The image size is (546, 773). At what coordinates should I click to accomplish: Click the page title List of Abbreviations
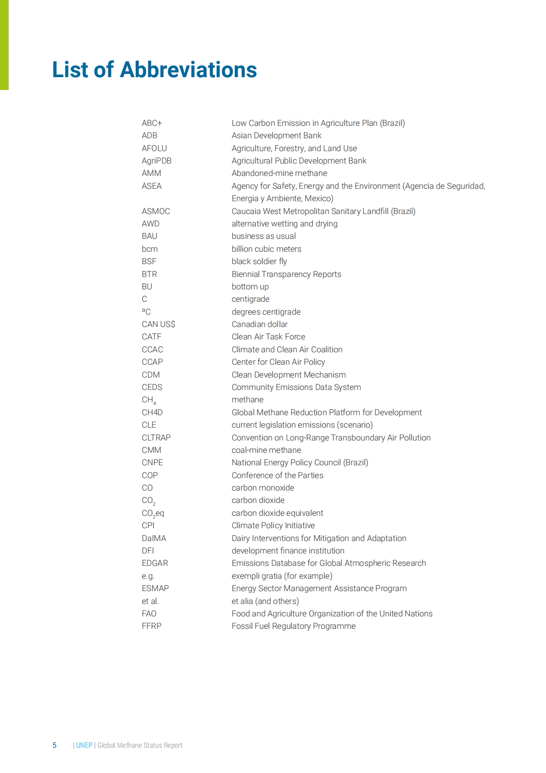click(154, 70)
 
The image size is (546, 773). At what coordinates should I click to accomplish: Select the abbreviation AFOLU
click(154, 148)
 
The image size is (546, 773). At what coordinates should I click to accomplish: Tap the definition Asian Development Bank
click(276, 135)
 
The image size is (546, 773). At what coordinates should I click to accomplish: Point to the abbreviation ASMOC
click(156, 211)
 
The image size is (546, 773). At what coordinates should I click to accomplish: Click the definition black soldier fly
click(259, 261)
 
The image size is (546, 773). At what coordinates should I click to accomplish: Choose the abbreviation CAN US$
click(158, 324)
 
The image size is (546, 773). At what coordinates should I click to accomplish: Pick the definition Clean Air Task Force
click(268, 337)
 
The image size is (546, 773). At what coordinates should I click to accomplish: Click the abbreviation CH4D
click(152, 412)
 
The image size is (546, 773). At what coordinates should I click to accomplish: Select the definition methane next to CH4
click(247, 400)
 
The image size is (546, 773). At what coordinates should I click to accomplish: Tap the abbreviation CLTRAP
click(156, 438)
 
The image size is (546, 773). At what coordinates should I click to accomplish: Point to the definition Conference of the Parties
click(277, 475)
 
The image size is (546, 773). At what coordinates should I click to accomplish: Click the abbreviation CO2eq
click(153, 513)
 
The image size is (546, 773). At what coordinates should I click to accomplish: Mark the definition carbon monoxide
click(262, 488)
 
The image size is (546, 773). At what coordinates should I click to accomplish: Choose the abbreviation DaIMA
click(154, 538)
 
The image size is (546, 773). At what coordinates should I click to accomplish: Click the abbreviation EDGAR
click(155, 563)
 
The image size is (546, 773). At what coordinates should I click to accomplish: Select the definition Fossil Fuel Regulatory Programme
click(293, 626)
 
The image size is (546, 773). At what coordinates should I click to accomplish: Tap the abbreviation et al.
click(150, 601)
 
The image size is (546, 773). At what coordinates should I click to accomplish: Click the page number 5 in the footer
click(55, 745)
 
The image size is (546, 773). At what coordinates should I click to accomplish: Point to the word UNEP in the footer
click(84, 745)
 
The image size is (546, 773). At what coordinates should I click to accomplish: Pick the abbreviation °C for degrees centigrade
click(146, 312)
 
